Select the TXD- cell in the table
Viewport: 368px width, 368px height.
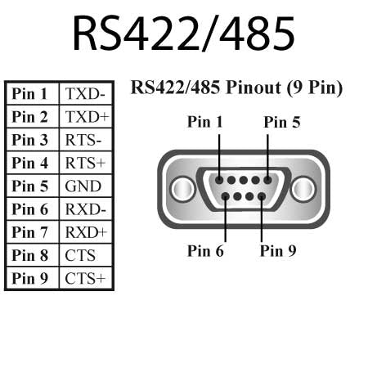[85, 93]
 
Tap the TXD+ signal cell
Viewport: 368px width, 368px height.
[85, 117]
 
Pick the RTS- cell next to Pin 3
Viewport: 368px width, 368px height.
[85, 140]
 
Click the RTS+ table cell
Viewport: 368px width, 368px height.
[85, 163]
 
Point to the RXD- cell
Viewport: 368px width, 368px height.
[85, 209]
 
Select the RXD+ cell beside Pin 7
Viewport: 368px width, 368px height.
[86, 232]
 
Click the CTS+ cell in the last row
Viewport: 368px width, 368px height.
[85, 278]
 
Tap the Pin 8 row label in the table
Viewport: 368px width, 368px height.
[31, 255]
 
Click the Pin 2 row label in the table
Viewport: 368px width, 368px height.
[31, 117]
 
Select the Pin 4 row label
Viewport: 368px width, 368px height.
[31, 163]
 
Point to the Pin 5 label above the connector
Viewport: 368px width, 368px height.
[282, 122]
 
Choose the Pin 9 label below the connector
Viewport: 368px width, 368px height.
[278, 250]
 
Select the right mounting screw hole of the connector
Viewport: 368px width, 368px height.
[302, 189]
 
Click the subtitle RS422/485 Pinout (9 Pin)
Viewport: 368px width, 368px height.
[236, 88]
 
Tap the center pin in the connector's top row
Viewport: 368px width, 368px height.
[243, 181]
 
